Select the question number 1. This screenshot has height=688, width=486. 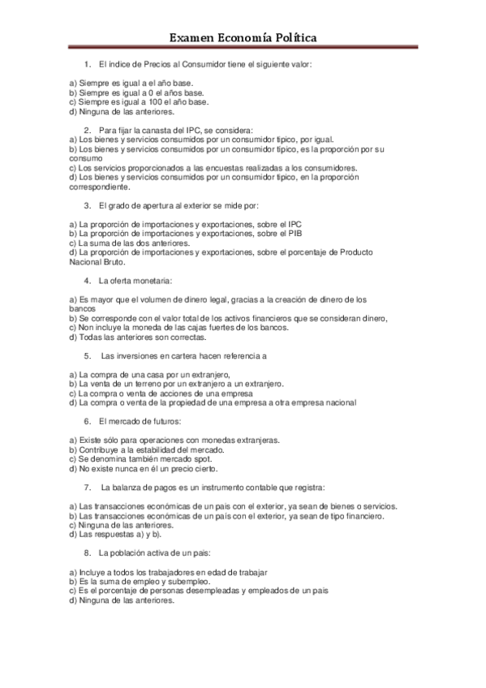pos(87,63)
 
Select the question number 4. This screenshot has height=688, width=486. pos(87,281)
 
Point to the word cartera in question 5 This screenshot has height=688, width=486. pos(182,355)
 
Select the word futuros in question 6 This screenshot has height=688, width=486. pos(161,421)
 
